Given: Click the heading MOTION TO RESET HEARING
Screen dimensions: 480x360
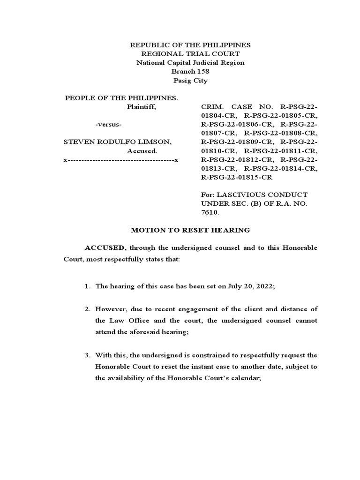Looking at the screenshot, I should [x=190, y=230].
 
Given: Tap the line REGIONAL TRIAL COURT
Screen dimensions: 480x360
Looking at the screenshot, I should [x=190, y=54].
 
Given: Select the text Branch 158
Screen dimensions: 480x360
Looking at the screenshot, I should [x=190, y=72].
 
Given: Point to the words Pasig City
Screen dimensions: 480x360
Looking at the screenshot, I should [x=190, y=81].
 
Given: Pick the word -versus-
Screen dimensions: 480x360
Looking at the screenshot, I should [x=109, y=125].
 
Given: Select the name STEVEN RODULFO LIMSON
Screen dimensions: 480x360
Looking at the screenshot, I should [x=118, y=142].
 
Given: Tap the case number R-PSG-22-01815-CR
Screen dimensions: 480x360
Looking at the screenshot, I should [x=236, y=178].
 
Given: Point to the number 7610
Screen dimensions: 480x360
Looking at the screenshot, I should [x=209, y=212].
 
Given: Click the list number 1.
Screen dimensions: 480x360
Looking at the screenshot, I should [x=87, y=286].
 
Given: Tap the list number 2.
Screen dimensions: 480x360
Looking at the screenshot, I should [x=87, y=309].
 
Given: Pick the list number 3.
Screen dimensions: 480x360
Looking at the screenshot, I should [x=87, y=355].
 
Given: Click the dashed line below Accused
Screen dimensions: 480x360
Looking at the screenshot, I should [x=121, y=160].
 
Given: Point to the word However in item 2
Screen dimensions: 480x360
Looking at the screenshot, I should [x=111, y=309].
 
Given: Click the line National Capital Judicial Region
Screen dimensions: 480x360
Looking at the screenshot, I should [x=190, y=63].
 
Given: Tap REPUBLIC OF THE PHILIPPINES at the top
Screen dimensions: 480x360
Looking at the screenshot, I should [x=190, y=45].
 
